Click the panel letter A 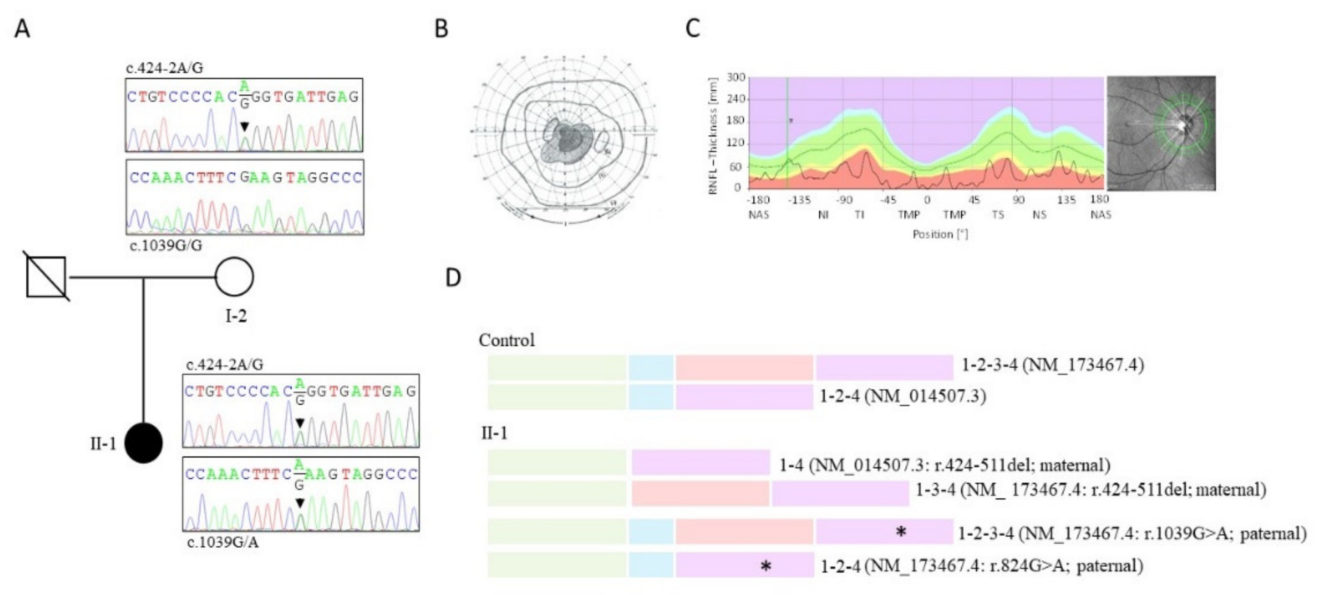(22, 29)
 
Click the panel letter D (453, 278)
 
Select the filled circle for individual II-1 (144, 443)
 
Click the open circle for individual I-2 (234, 277)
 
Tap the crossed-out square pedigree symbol (46, 277)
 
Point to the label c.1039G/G (166, 245)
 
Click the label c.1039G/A (223, 542)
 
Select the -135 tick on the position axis (798, 200)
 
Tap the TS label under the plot (998, 215)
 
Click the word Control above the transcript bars (507, 340)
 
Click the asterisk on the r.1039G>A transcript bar (901, 532)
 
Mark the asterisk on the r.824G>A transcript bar (765, 566)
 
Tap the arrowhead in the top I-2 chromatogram (245, 126)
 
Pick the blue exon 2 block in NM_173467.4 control (651, 368)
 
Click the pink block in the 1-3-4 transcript (700, 493)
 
